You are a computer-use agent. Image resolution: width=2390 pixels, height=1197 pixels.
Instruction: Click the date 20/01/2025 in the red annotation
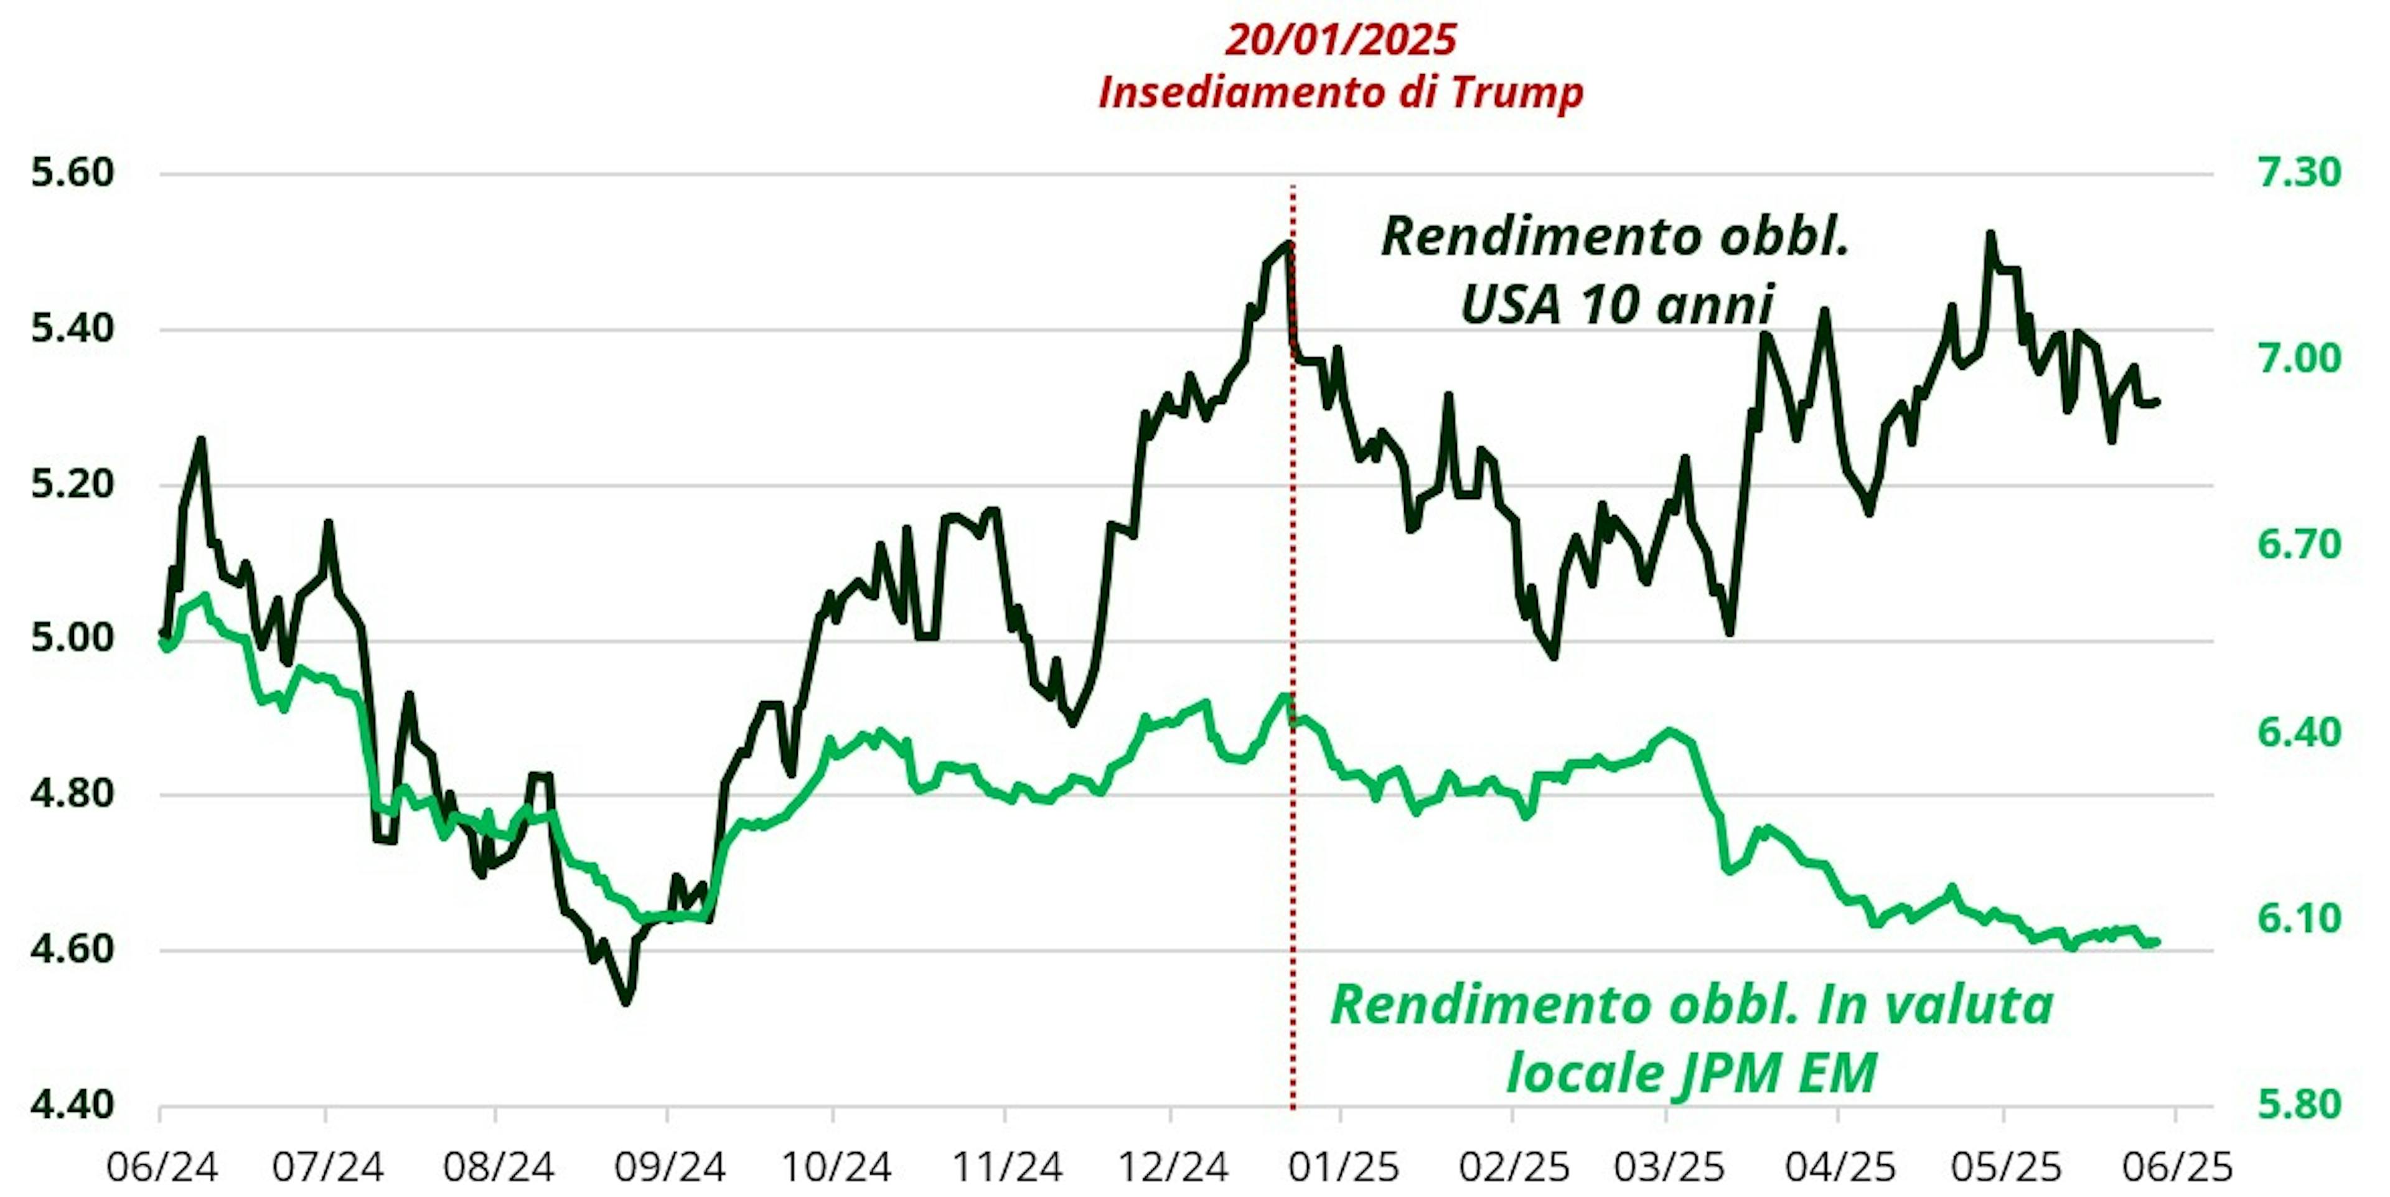(1340, 40)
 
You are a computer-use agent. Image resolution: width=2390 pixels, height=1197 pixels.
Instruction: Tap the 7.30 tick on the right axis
(2299, 174)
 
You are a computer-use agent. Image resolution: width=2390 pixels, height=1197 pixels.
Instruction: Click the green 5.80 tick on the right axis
(2299, 1105)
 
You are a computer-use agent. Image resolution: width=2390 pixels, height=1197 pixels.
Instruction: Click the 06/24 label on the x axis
(162, 1166)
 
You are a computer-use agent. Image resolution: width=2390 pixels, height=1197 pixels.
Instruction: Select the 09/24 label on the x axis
(669, 1166)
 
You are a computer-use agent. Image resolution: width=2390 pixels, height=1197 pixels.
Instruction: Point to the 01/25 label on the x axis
(1343, 1166)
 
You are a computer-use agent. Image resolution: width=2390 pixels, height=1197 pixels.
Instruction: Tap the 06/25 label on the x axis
(2176, 1166)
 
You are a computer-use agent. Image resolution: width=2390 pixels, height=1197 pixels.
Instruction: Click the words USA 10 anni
(1617, 304)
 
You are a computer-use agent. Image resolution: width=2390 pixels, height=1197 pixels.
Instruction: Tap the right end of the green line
(2157, 942)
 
